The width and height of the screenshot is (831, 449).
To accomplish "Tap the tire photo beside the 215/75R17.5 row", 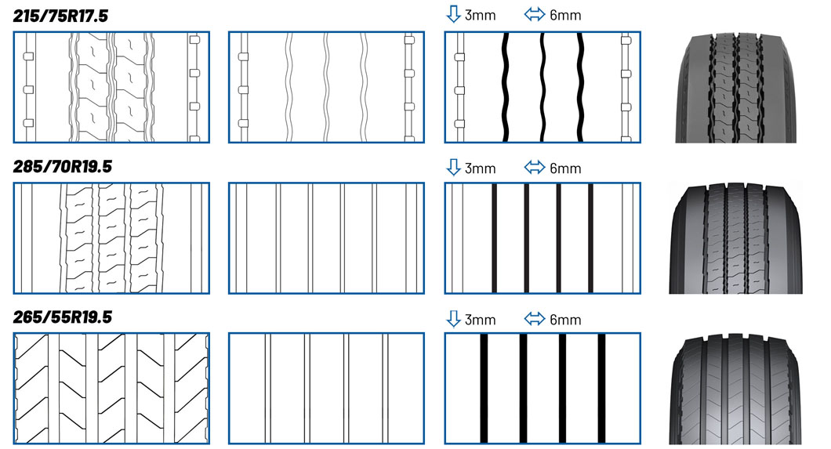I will (740, 87).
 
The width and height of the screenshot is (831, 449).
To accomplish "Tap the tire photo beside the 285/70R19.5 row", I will (740, 238).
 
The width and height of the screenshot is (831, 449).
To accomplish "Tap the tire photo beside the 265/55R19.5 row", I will (740, 389).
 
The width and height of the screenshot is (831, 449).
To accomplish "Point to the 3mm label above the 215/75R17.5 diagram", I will (481, 16).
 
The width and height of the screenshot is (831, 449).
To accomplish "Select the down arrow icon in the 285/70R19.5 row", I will (452, 168).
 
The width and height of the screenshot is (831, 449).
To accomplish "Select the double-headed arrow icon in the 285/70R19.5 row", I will (534, 168).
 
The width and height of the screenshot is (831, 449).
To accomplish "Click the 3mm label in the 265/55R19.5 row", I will (481, 319).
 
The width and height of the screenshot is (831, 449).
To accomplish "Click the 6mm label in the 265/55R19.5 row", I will (565, 319).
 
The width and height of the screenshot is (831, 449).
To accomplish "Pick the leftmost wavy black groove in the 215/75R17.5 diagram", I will (506, 87).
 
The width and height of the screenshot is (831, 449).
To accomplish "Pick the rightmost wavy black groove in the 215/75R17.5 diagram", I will (581, 87).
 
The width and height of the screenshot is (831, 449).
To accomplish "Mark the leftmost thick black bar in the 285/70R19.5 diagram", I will (494, 238).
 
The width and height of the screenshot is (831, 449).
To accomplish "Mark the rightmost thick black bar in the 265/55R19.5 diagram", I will (602, 389).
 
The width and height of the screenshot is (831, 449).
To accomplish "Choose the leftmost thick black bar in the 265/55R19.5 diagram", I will (484, 389).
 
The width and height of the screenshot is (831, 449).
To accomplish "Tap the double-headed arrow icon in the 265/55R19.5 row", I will (534, 319).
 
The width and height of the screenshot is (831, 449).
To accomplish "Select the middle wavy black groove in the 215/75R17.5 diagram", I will (543, 87).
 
